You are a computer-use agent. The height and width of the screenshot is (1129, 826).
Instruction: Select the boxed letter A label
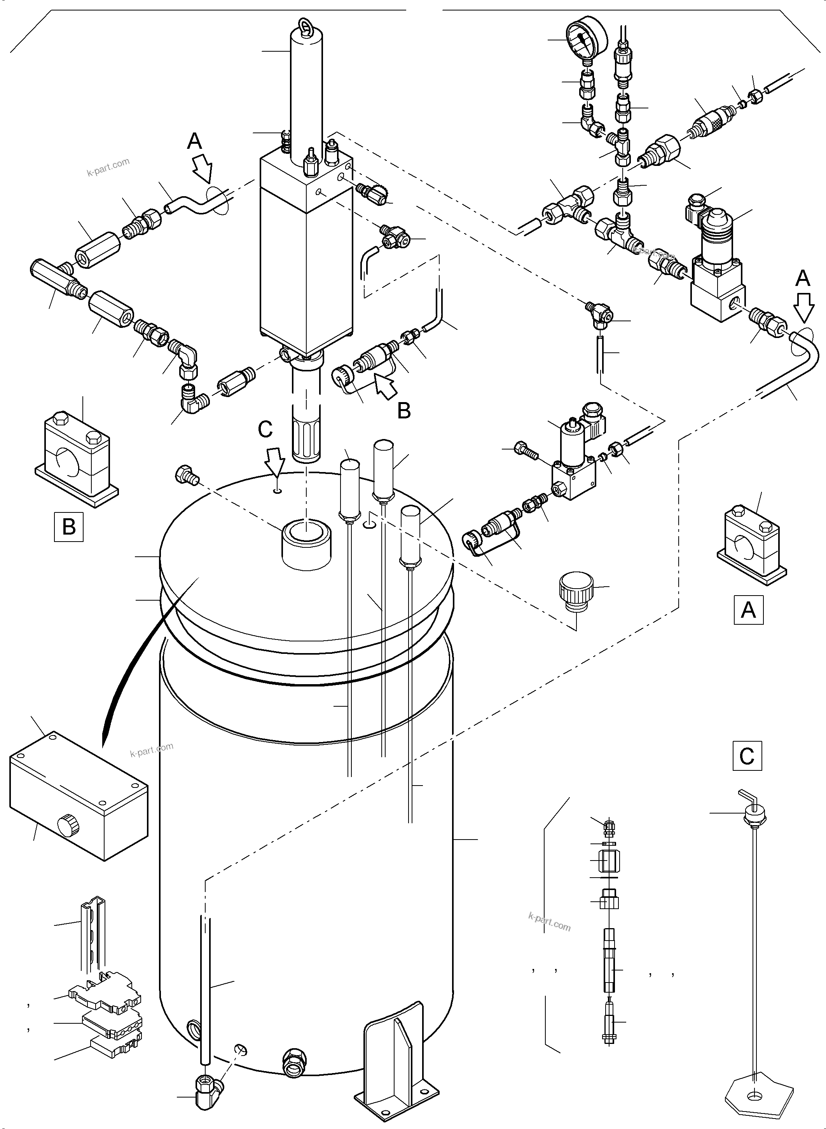pos(748,610)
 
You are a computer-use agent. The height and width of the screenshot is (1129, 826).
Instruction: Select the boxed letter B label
pos(68,527)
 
